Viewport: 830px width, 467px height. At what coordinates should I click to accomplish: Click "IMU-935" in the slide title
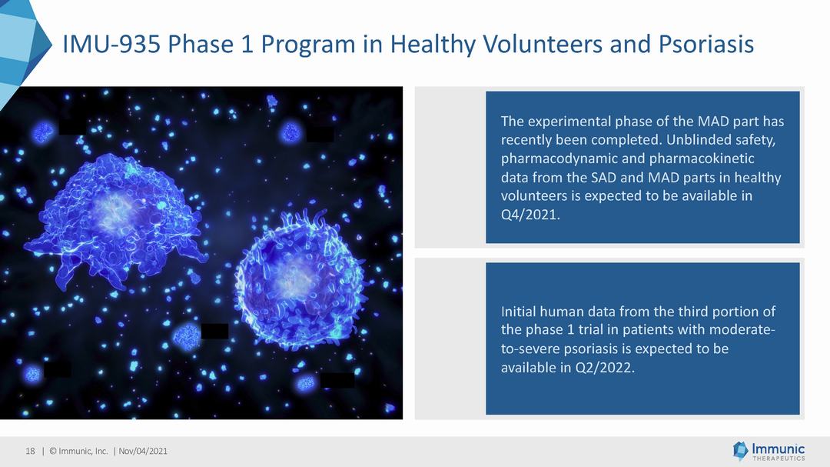pos(111,44)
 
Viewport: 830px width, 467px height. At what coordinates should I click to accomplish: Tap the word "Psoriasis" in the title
pos(706,44)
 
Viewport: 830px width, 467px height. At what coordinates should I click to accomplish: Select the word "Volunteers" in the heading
pos(543,44)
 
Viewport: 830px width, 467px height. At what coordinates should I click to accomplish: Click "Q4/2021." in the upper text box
pos(530,215)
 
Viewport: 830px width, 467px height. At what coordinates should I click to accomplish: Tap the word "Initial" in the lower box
pos(518,311)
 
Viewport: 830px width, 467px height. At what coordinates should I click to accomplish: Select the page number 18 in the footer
pos(30,451)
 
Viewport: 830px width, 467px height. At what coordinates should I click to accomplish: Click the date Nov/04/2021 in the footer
pos(143,451)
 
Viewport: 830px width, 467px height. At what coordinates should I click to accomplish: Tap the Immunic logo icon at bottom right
pos(740,450)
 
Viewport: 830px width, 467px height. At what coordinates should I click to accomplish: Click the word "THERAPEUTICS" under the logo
pos(779,459)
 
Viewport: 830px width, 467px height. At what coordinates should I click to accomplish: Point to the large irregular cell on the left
pos(117,220)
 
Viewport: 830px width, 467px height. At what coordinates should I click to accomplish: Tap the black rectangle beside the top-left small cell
pos(72,127)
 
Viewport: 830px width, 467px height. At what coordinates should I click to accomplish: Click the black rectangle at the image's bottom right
pos(337,380)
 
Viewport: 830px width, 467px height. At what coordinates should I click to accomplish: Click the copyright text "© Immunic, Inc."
pos(78,451)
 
